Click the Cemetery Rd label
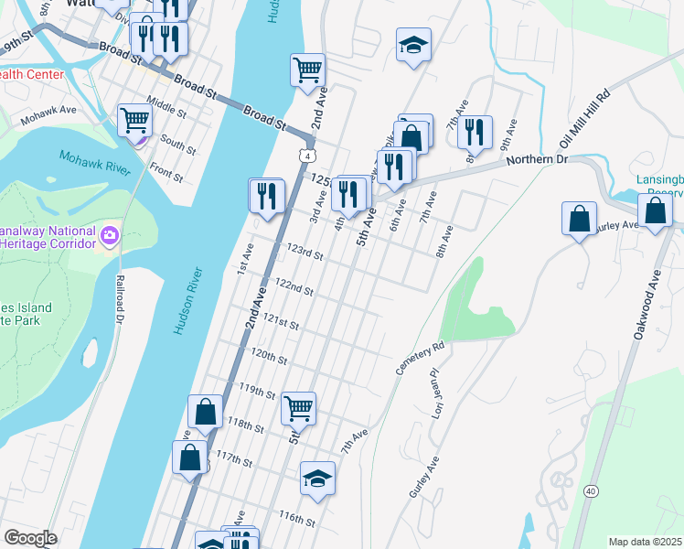(420, 359)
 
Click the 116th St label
(297, 518)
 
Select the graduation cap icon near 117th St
(317, 478)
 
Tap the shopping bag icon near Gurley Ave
(579, 220)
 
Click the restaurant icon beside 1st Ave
(267, 195)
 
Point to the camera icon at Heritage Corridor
(109, 236)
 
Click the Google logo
(31, 538)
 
